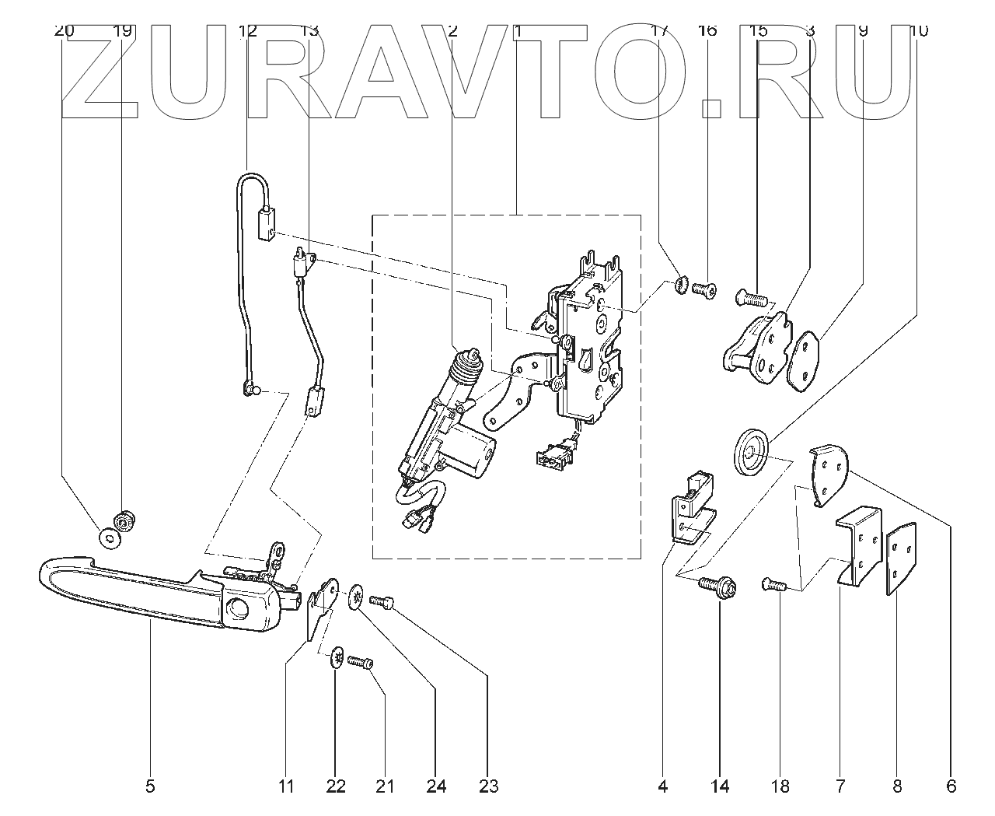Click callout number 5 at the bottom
coord(150,786)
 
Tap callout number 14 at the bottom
coord(720,786)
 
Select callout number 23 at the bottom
coord(488,786)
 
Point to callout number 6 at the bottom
coord(951,786)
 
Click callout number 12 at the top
coord(247,31)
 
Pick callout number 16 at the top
coord(707,31)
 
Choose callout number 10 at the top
coord(917,31)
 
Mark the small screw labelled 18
coord(771,583)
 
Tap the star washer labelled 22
coord(338,658)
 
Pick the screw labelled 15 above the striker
coord(751,296)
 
